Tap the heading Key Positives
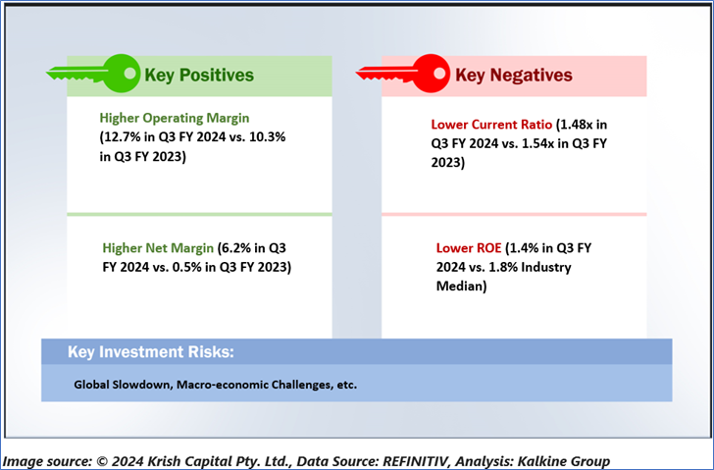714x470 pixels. coord(199,76)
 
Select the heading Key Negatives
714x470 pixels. coord(514,76)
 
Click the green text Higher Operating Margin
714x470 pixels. coord(175,118)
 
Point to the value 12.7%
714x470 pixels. coord(120,137)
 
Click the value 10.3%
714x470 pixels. coord(268,137)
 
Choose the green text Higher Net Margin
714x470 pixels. coord(158,248)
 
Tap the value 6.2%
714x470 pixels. coord(235,248)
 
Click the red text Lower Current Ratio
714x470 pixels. coord(491,125)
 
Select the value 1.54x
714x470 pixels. coord(537,143)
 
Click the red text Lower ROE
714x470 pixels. coord(469,248)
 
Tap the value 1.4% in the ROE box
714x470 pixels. coord(524,248)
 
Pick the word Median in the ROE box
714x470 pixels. coord(459,286)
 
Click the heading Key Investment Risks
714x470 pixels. coord(151,352)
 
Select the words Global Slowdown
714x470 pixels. coord(123,385)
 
